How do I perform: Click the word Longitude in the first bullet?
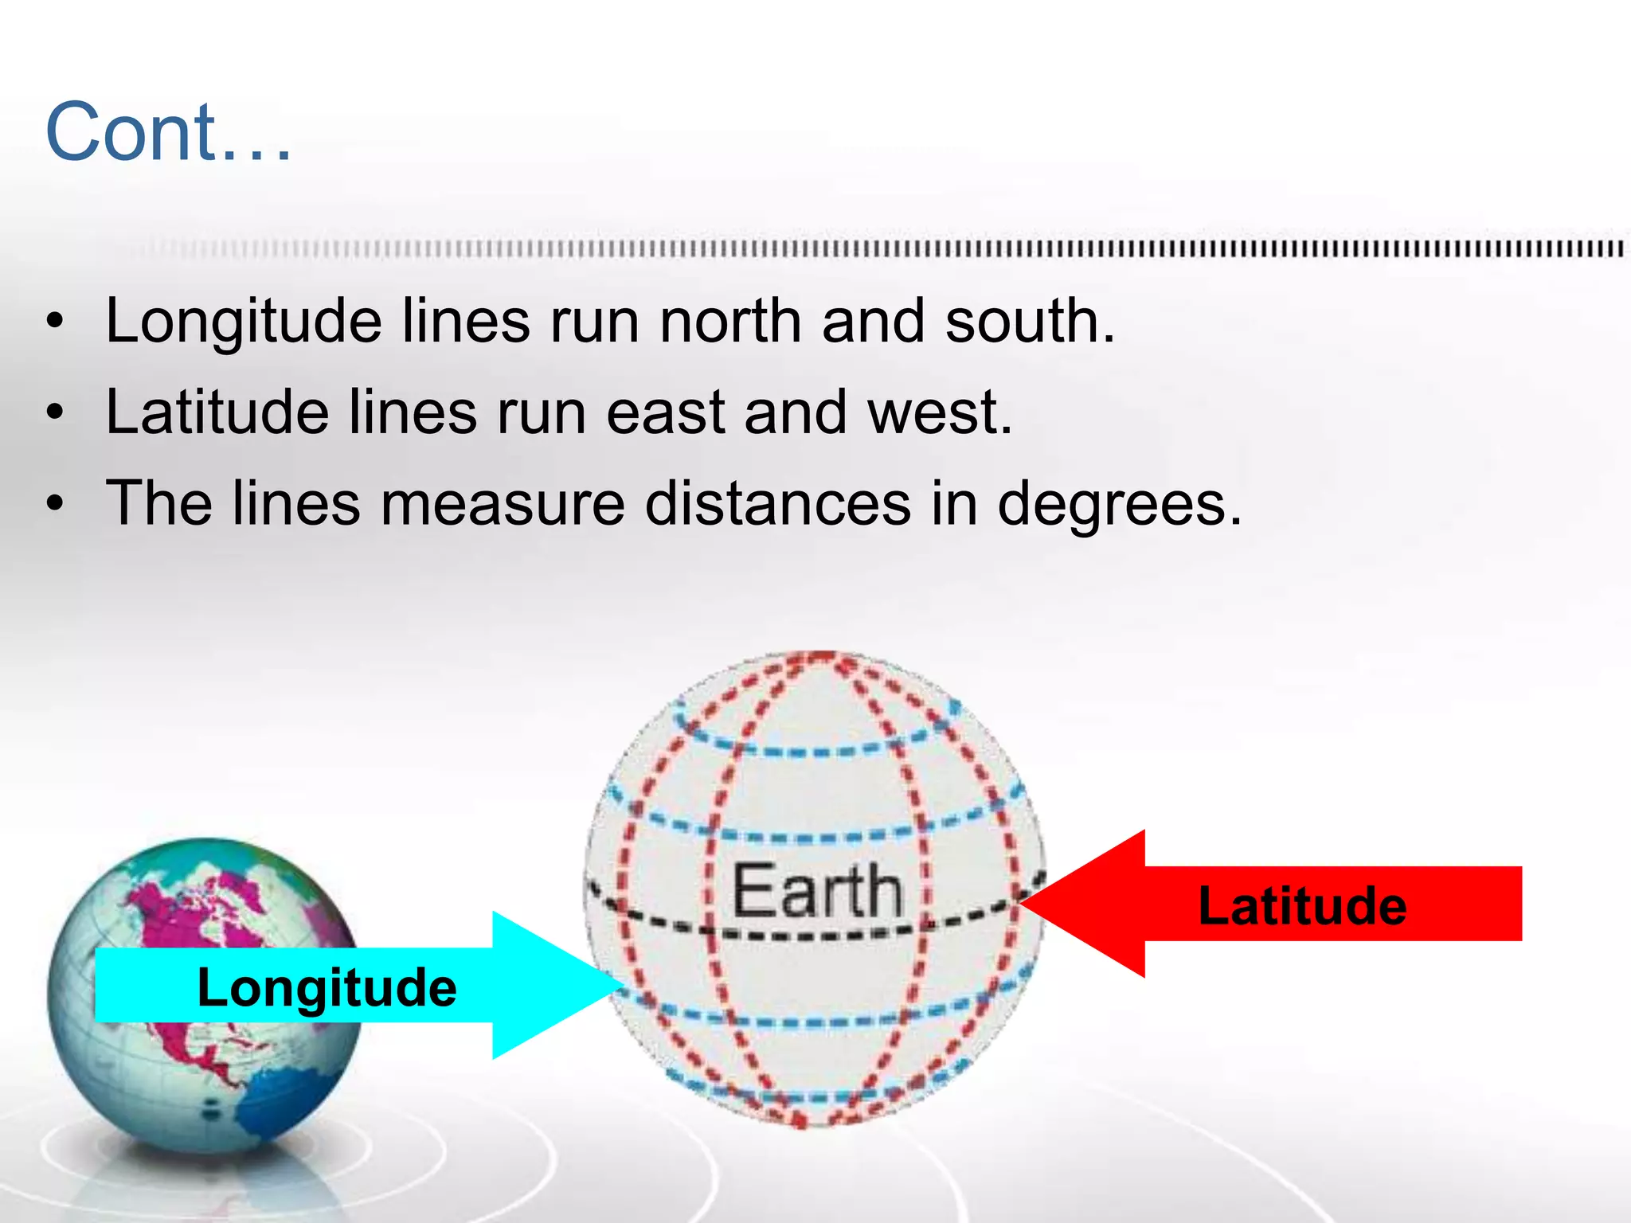[x=244, y=322]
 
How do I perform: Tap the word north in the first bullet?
[x=729, y=322]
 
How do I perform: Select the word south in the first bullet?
[x=1029, y=322]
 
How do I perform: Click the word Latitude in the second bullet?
[x=217, y=412]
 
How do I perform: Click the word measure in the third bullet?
[x=502, y=505]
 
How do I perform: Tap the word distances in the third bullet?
[x=777, y=503]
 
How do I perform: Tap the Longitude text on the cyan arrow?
[x=327, y=987]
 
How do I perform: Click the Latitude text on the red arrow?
[x=1302, y=906]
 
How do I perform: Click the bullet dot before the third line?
[x=54, y=505]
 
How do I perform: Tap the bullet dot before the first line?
[x=54, y=322]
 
